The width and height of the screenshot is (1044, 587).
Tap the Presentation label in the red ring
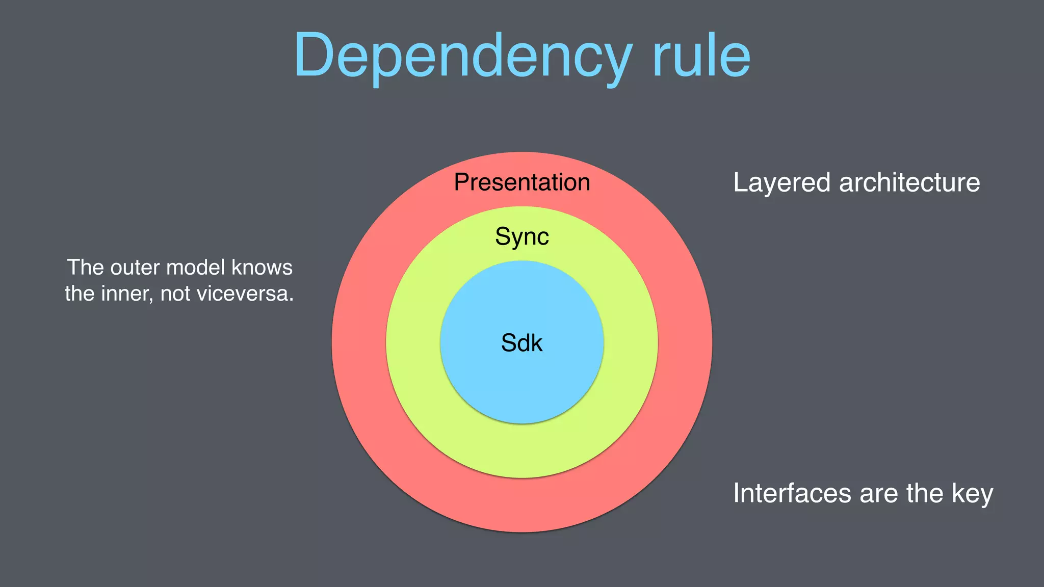(522, 182)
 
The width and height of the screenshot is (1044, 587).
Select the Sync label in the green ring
(522, 236)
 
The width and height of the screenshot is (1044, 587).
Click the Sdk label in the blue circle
(521, 343)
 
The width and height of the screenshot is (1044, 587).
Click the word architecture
(909, 183)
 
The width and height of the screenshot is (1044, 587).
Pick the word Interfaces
(792, 493)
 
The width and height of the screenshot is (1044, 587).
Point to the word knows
(262, 268)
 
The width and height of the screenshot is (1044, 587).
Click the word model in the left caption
(195, 268)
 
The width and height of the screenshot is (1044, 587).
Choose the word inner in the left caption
(126, 294)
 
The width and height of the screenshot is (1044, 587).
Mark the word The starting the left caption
(86, 268)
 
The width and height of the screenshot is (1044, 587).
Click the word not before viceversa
(176, 294)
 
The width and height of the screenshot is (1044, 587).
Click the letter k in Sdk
(535, 343)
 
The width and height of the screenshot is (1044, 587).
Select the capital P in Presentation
(462, 182)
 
